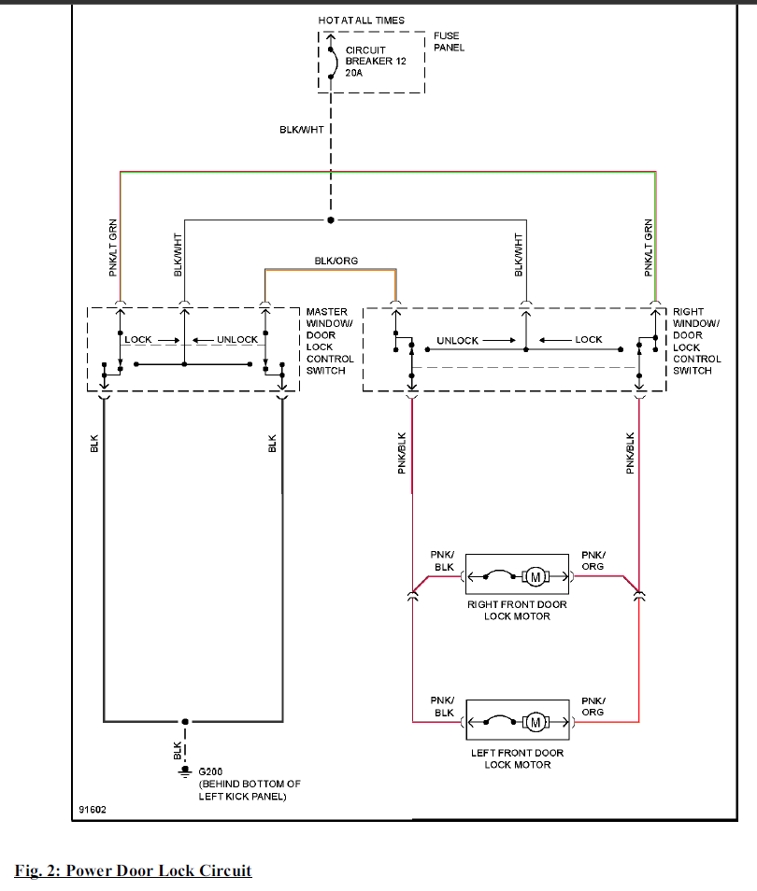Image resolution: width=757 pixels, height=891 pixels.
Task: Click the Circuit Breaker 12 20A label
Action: (x=376, y=62)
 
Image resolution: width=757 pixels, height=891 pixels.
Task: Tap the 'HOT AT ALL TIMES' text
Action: (x=361, y=21)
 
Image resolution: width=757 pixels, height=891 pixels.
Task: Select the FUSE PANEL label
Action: (x=449, y=41)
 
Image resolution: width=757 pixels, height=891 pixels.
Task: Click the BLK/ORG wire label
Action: (x=336, y=261)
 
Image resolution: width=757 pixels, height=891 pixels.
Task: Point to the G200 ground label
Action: (x=210, y=771)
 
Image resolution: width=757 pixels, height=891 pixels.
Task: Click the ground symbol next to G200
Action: (x=185, y=771)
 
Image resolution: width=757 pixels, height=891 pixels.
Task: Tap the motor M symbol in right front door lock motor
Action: (x=536, y=577)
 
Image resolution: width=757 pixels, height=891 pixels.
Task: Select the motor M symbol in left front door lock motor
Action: (x=536, y=722)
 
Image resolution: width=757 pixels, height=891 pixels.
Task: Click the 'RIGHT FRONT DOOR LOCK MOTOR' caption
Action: (x=517, y=610)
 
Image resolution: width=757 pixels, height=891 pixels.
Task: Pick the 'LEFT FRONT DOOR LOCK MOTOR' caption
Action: (x=518, y=758)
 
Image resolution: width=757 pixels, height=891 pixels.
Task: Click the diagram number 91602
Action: (x=93, y=810)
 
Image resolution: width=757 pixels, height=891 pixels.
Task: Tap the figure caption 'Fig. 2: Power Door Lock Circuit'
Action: (x=133, y=870)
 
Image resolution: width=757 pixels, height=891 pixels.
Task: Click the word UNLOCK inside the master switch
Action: (x=237, y=340)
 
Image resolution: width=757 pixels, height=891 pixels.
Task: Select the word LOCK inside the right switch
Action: (x=588, y=340)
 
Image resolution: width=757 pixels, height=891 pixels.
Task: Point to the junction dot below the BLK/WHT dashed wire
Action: (x=331, y=219)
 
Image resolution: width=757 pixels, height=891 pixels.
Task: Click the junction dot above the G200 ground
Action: (x=185, y=722)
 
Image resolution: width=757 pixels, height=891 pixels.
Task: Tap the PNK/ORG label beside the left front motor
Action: (x=593, y=706)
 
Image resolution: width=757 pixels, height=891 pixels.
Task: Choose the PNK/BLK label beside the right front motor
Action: (x=442, y=561)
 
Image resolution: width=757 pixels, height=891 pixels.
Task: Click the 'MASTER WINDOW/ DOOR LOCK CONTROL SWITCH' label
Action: (x=330, y=341)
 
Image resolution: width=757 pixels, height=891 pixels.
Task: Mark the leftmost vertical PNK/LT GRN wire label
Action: (x=112, y=247)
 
